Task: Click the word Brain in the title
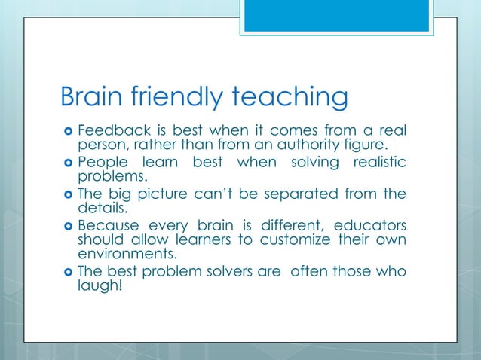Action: tap(93, 97)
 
